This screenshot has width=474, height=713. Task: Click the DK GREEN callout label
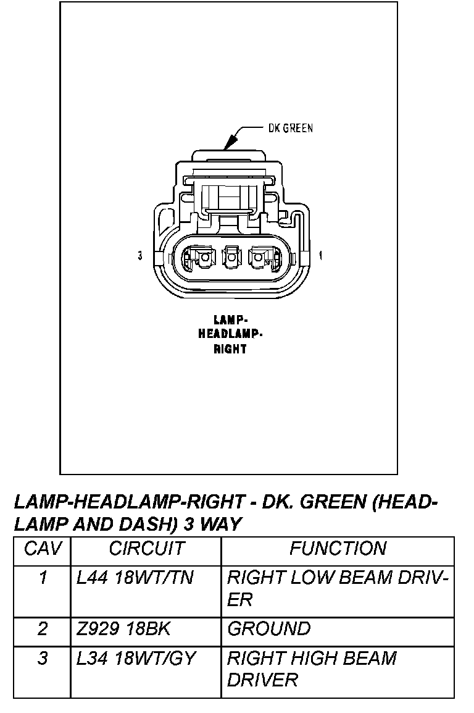[x=290, y=129]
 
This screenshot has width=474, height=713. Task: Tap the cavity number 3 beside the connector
[x=141, y=255]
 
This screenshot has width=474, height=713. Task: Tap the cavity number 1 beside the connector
[x=321, y=255]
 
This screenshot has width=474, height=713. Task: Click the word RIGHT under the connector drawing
[x=230, y=348]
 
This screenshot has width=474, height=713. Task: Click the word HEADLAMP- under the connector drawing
[x=230, y=334]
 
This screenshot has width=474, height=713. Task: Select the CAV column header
[x=42, y=549]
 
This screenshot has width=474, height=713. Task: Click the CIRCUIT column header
[x=146, y=549]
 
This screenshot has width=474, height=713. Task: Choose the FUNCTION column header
[x=338, y=549]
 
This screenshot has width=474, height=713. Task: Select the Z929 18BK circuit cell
[x=123, y=629]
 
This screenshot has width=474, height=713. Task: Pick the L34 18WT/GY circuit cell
[x=136, y=659]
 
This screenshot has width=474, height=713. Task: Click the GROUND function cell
[x=269, y=629]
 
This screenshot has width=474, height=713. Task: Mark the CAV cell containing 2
[x=42, y=629]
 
